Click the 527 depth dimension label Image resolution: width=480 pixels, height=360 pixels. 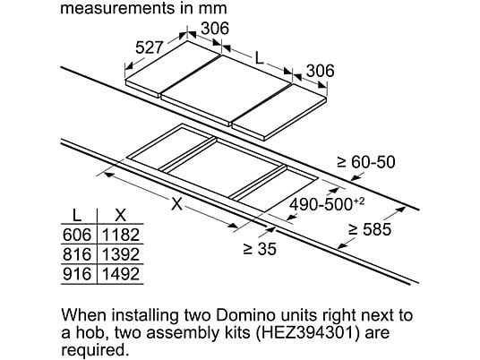point(149,47)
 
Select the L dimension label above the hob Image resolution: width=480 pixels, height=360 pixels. point(260,58)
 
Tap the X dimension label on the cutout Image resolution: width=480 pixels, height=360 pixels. point(177,203)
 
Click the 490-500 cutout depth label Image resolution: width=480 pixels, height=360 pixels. point(327,204)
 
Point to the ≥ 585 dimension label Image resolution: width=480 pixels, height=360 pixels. point(370,229)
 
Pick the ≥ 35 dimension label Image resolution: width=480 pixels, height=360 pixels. point(260,249)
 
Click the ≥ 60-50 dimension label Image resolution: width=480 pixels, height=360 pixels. point(366,162)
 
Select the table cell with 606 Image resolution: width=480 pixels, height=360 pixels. point(77,235)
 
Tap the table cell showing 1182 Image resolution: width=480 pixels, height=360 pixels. point(121,235)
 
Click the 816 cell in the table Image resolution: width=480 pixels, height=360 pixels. point(77,254)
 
